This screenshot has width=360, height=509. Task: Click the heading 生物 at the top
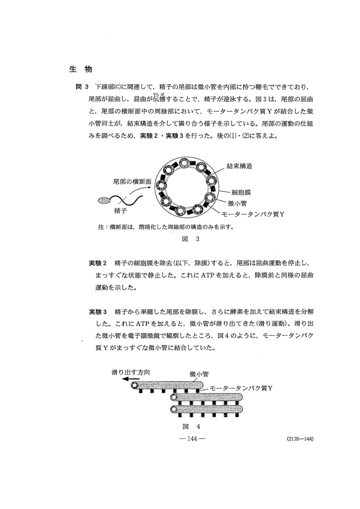tap(77, 70)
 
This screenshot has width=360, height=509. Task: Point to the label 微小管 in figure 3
tap(239, 203)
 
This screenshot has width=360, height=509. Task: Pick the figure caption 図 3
tap(190, 239)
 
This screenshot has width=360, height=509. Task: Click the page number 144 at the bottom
tap(190, 439)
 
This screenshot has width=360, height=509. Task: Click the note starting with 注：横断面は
tap(167, 227)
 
